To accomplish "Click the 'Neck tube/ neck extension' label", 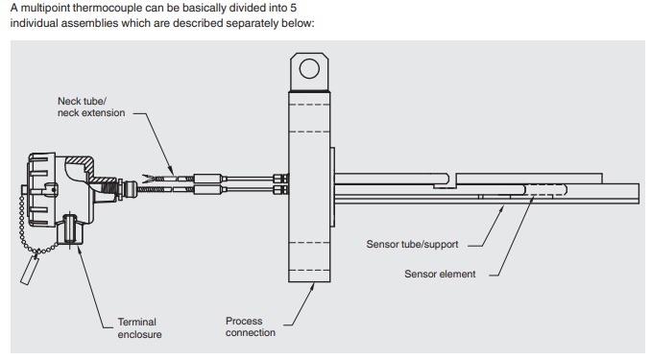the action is pos(91,108).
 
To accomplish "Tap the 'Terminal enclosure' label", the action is pos(139,328).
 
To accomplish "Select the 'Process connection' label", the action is pos(251,326).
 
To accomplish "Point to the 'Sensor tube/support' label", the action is pos(412,244).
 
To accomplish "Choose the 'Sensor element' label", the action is pos(440,274).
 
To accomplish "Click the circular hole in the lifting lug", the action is pos(309,68).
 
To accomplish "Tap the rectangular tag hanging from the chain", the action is pos(30,270).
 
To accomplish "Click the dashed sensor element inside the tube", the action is pos(546,190).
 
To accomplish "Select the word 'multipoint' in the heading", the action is pos(46,8).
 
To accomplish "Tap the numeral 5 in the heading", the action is pos(293,8).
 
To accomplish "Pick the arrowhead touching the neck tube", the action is pos(171,171).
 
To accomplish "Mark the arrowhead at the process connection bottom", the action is pos(312,286).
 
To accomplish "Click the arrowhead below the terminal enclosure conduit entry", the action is pos(79,251).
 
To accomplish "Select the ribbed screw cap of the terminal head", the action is pos(41,189).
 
